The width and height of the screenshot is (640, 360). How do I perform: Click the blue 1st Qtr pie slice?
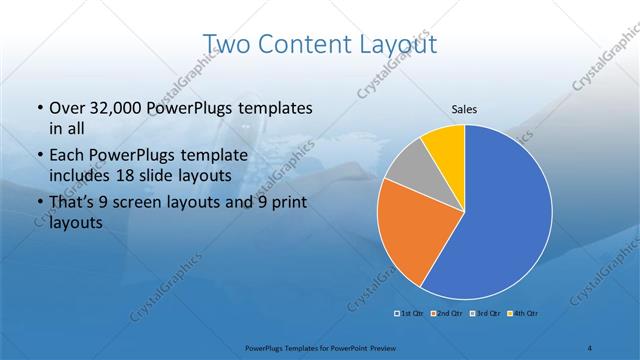coord(500,220)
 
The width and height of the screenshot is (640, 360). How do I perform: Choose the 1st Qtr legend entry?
coord(408,315)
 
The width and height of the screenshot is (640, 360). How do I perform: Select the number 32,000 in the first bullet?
coord(118,108)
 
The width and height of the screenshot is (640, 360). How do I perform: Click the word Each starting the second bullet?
coord(66,156)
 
